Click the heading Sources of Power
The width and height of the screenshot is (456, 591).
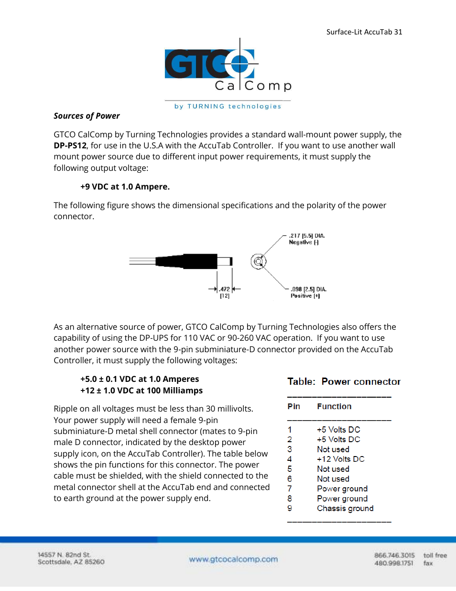click(x=87, y=116)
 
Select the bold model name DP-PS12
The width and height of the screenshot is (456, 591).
click(x=70, y=145)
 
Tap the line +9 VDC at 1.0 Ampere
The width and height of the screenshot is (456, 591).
click(x=125, y=187)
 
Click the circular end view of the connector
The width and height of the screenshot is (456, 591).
click(x=258, y=261)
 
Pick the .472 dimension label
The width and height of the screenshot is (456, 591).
click(x=225, y=289)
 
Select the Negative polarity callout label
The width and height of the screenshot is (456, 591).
click(x=304, y=242)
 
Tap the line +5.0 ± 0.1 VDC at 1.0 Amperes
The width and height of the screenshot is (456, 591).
click(x=140, y=379)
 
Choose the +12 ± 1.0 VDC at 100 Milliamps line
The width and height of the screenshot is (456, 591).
click(x=141, y=390)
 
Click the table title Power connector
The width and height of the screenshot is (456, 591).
click(x=361, y=381)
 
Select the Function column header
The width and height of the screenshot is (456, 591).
click(x=334, y=406)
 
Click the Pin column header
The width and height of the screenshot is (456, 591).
click(x=293, y=406)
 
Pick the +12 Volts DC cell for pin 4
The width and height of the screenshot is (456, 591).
click(x=340, y=459)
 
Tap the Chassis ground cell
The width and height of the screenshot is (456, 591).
click(x=345, y=508)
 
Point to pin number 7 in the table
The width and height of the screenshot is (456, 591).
click(x=290, y=489)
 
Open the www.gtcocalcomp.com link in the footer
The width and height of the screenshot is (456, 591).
click(x=233, y=559)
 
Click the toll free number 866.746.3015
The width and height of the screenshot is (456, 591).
click(x=394, y=555)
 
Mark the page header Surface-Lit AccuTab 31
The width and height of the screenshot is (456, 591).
click(x=364, y=32)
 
